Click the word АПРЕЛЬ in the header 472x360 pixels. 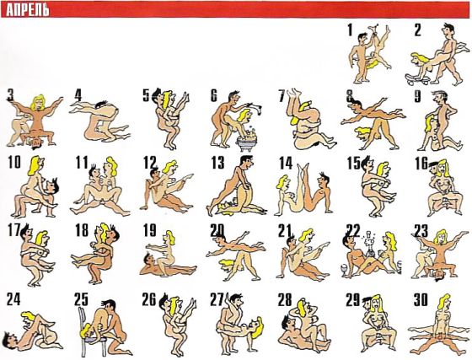pos(27,10)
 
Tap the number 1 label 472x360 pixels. pos(350,30)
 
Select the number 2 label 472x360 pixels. pos(417,30)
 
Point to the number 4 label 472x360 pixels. pos(78,95)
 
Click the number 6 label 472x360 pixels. pos(213,95)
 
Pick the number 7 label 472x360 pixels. pos(282,95)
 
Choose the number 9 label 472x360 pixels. pos(417,96)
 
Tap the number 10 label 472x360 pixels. pos(14,163)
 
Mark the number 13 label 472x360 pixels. pos(217,163)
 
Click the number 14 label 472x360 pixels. pos(286,163)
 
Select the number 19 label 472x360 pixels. pos(150,230)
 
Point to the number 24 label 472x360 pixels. pos(13,299)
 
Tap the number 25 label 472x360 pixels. pos(81,299)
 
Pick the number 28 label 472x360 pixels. pos(285,299)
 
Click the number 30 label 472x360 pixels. pos(421,299)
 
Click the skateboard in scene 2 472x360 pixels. pos(417,78)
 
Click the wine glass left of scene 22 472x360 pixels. pos(342,269)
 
